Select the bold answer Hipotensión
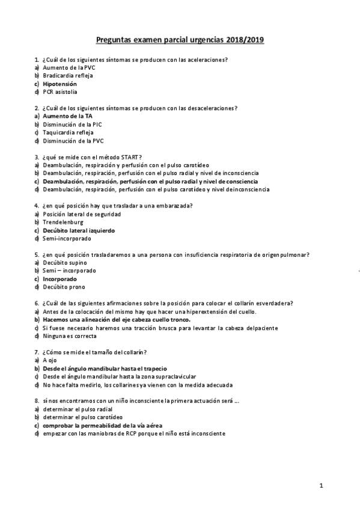[x=59, y=84]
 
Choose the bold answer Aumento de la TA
[x=67, y=116]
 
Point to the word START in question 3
[x=130, y=157]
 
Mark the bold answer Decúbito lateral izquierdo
[x=78, y=230]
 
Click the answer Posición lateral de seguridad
[x=82, y=214]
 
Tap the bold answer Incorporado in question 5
[x=59, y=279]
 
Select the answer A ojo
[x=49, y=360]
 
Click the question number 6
[x=37, y=303]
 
